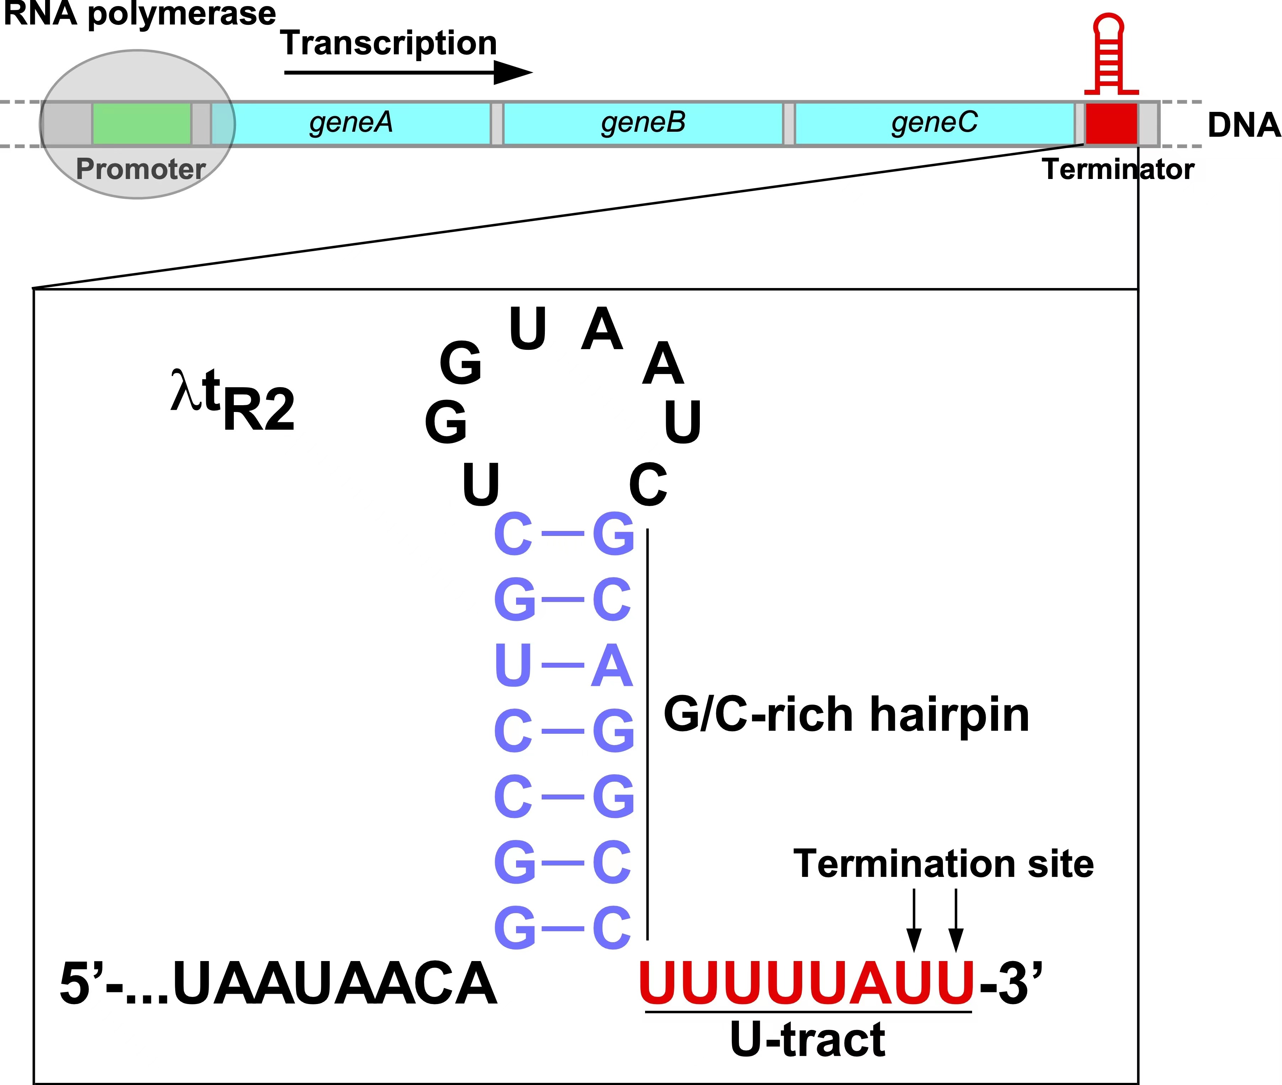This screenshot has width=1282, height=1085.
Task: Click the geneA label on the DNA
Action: pos(351,123)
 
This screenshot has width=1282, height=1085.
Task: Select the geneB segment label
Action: pos(643,123)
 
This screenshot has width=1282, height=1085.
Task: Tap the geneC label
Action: pos(934,123)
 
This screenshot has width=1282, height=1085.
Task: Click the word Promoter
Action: pos(140,169)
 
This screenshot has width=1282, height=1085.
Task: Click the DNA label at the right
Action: pos(1243,125)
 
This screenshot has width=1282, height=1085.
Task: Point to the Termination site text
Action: pos(943,864)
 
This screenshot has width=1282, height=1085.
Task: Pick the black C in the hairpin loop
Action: pos(648,485)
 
